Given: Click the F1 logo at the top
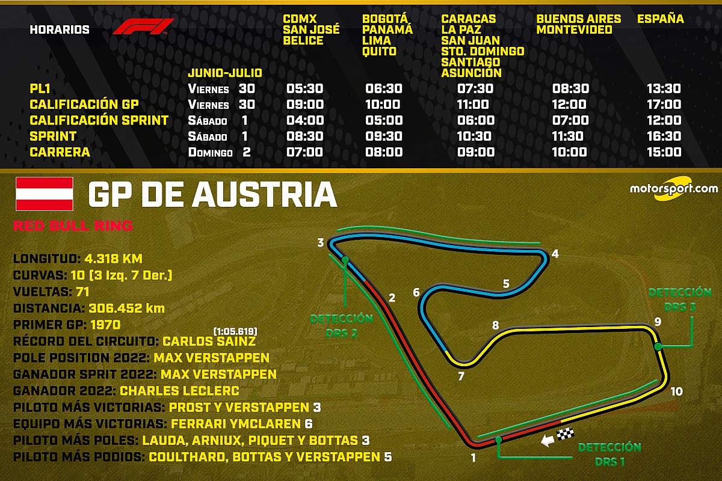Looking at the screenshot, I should click(x=143, y=28).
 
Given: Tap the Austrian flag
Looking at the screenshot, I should click(x=45, y=194).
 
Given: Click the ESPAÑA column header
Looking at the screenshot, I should click(x=661, y=19).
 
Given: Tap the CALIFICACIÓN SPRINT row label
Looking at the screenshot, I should click(x=99, y=120).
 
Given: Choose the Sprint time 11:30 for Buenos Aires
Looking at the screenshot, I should click(x=571, y=136).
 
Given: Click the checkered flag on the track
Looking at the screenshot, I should click(x=566, y=434).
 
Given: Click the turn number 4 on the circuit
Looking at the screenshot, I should click(x=555, y=254).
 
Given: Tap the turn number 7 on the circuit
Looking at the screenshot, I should click(x=461, y=377).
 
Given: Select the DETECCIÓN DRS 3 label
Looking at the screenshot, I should click(x=680, y=299).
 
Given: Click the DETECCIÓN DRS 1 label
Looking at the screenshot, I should click(x=609, y=454).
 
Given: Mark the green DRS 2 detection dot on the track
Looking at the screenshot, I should click(x=345, y=260).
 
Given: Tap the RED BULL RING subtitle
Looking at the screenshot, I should click(x=73, y=227).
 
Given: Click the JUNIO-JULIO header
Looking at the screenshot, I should click(x=225, y=73).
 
